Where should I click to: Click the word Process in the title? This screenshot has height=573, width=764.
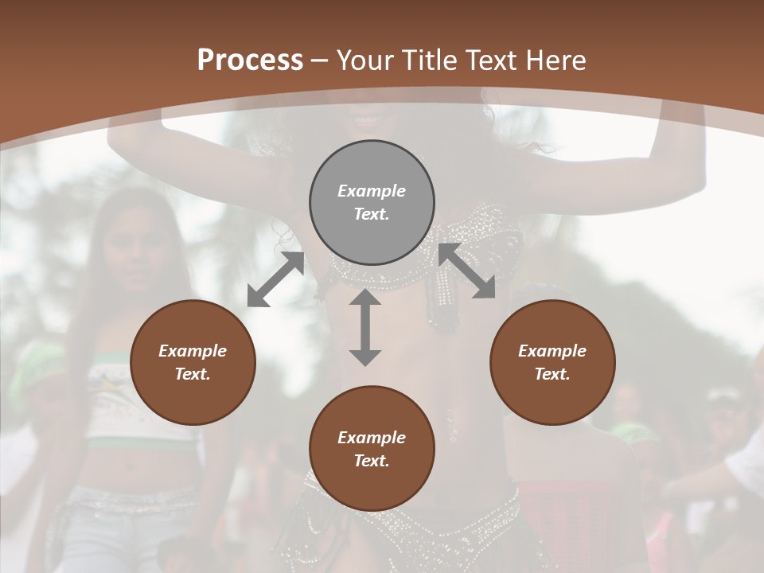click(250, 60)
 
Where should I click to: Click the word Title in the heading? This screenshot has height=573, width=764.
click(431, 60)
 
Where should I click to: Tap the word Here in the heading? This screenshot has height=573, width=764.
click(554, 60)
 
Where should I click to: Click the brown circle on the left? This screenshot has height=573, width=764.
click(193, 362)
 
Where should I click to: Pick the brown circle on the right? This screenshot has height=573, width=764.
click(552, 362)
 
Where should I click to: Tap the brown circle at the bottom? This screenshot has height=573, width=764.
click(372, 449)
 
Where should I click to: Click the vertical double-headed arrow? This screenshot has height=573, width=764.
click(365, 327)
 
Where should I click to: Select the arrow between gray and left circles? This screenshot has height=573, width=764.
click(275, 279)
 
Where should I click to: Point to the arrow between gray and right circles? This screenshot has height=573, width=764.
click(467, 271)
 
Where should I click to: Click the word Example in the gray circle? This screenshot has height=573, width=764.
click(372, 191)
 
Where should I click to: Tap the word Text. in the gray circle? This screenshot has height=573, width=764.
click(372, 214)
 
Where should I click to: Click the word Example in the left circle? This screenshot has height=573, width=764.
click(193, 351)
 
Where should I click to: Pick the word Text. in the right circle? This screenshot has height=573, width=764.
click(552, 374)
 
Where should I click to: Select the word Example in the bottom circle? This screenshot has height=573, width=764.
click(372, 438)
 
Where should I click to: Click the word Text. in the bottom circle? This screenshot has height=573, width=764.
click(372, 461)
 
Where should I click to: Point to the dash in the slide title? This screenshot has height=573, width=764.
click(320, 60)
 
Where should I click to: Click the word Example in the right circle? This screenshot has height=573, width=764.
click(552, 351)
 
